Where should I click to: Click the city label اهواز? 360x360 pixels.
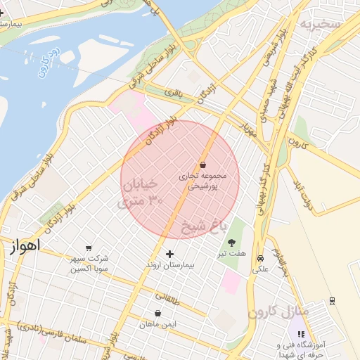click(x=25, y=245)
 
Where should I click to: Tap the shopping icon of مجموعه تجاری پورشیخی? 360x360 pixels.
click(x=203, y=165)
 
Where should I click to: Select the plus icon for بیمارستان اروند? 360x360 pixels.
click(x=169, y=254)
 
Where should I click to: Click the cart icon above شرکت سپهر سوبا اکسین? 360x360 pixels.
click(x=88, y=248)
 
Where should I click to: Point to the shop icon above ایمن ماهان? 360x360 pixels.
click(x=157, y=314)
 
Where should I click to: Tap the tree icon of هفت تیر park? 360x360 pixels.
click(x=232, y=242)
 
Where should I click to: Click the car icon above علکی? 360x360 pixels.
click(x=261, y=258)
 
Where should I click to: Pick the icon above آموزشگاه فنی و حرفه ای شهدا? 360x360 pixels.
click(x=302, y=324)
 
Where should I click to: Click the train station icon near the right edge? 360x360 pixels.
click(x=332, y=301)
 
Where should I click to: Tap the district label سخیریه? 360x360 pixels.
click(x=321, y=25)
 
